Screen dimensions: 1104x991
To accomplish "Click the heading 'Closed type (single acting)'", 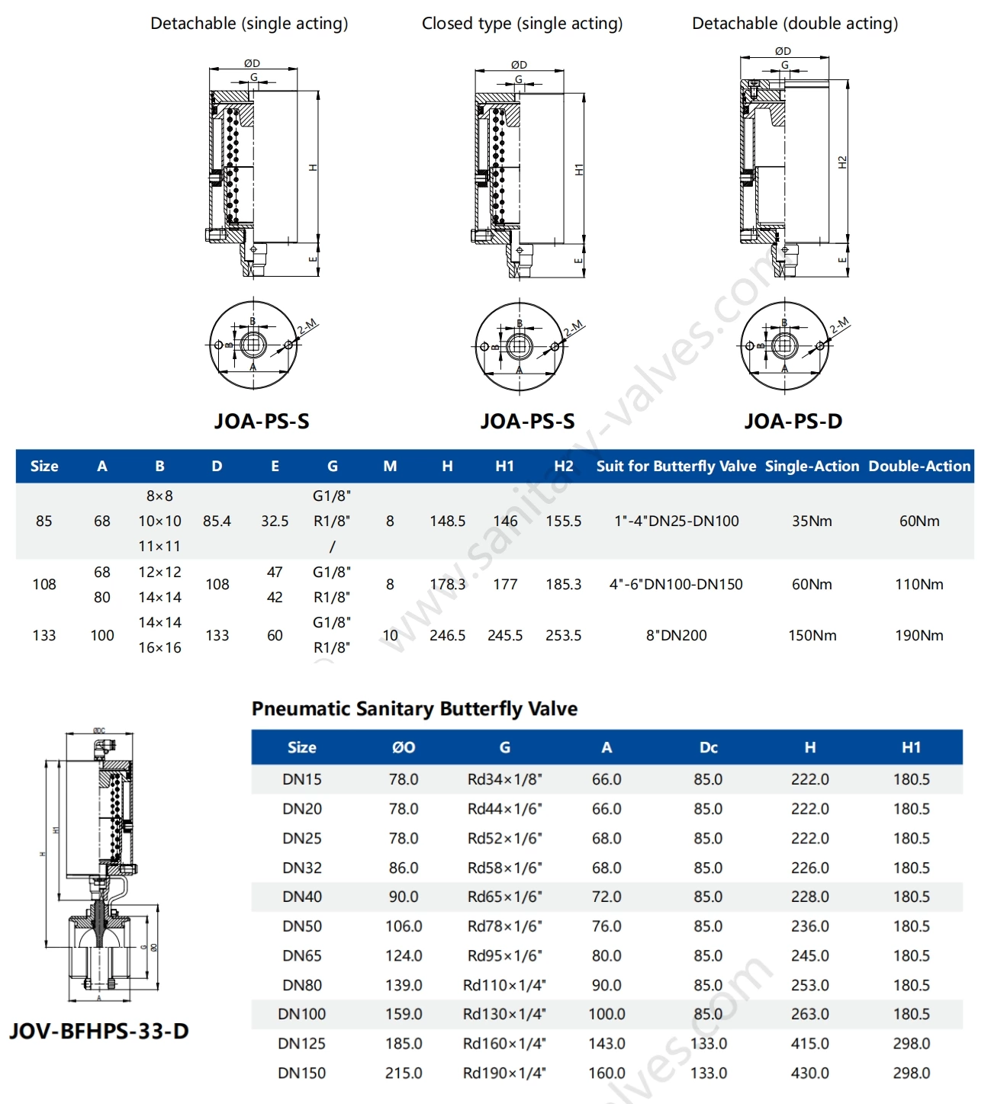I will point(522,24).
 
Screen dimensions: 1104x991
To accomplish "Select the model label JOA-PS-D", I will point(793,421).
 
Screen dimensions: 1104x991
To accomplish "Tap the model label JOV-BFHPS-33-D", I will point(99,1031).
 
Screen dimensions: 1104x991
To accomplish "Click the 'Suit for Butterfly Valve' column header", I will point(676,466).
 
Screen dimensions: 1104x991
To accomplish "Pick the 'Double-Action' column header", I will point(919,466).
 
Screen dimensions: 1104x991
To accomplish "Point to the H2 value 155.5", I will point(563,521).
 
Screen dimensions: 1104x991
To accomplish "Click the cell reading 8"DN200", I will point(676,635).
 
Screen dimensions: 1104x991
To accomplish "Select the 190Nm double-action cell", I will point(919,635).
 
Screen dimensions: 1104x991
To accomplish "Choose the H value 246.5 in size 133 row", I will point(447,635).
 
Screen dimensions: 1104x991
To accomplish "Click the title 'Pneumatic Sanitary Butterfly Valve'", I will point(414,708).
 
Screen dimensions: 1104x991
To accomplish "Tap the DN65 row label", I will point(302,955).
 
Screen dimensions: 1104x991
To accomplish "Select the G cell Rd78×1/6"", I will point(504,926).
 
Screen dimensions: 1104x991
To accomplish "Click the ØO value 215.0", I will point(404,1073).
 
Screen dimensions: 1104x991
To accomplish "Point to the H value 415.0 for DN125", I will point(809,1043).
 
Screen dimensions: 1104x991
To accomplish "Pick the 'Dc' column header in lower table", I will point(708,747).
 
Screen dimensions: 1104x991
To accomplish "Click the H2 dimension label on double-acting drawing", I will point(842,162).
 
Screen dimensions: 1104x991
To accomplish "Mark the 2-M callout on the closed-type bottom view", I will point(573,329).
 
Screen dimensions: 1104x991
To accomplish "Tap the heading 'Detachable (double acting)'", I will point(794,24).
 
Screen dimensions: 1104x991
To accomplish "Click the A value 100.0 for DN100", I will point(607,1014).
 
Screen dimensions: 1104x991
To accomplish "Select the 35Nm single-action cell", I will point(812,521).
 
